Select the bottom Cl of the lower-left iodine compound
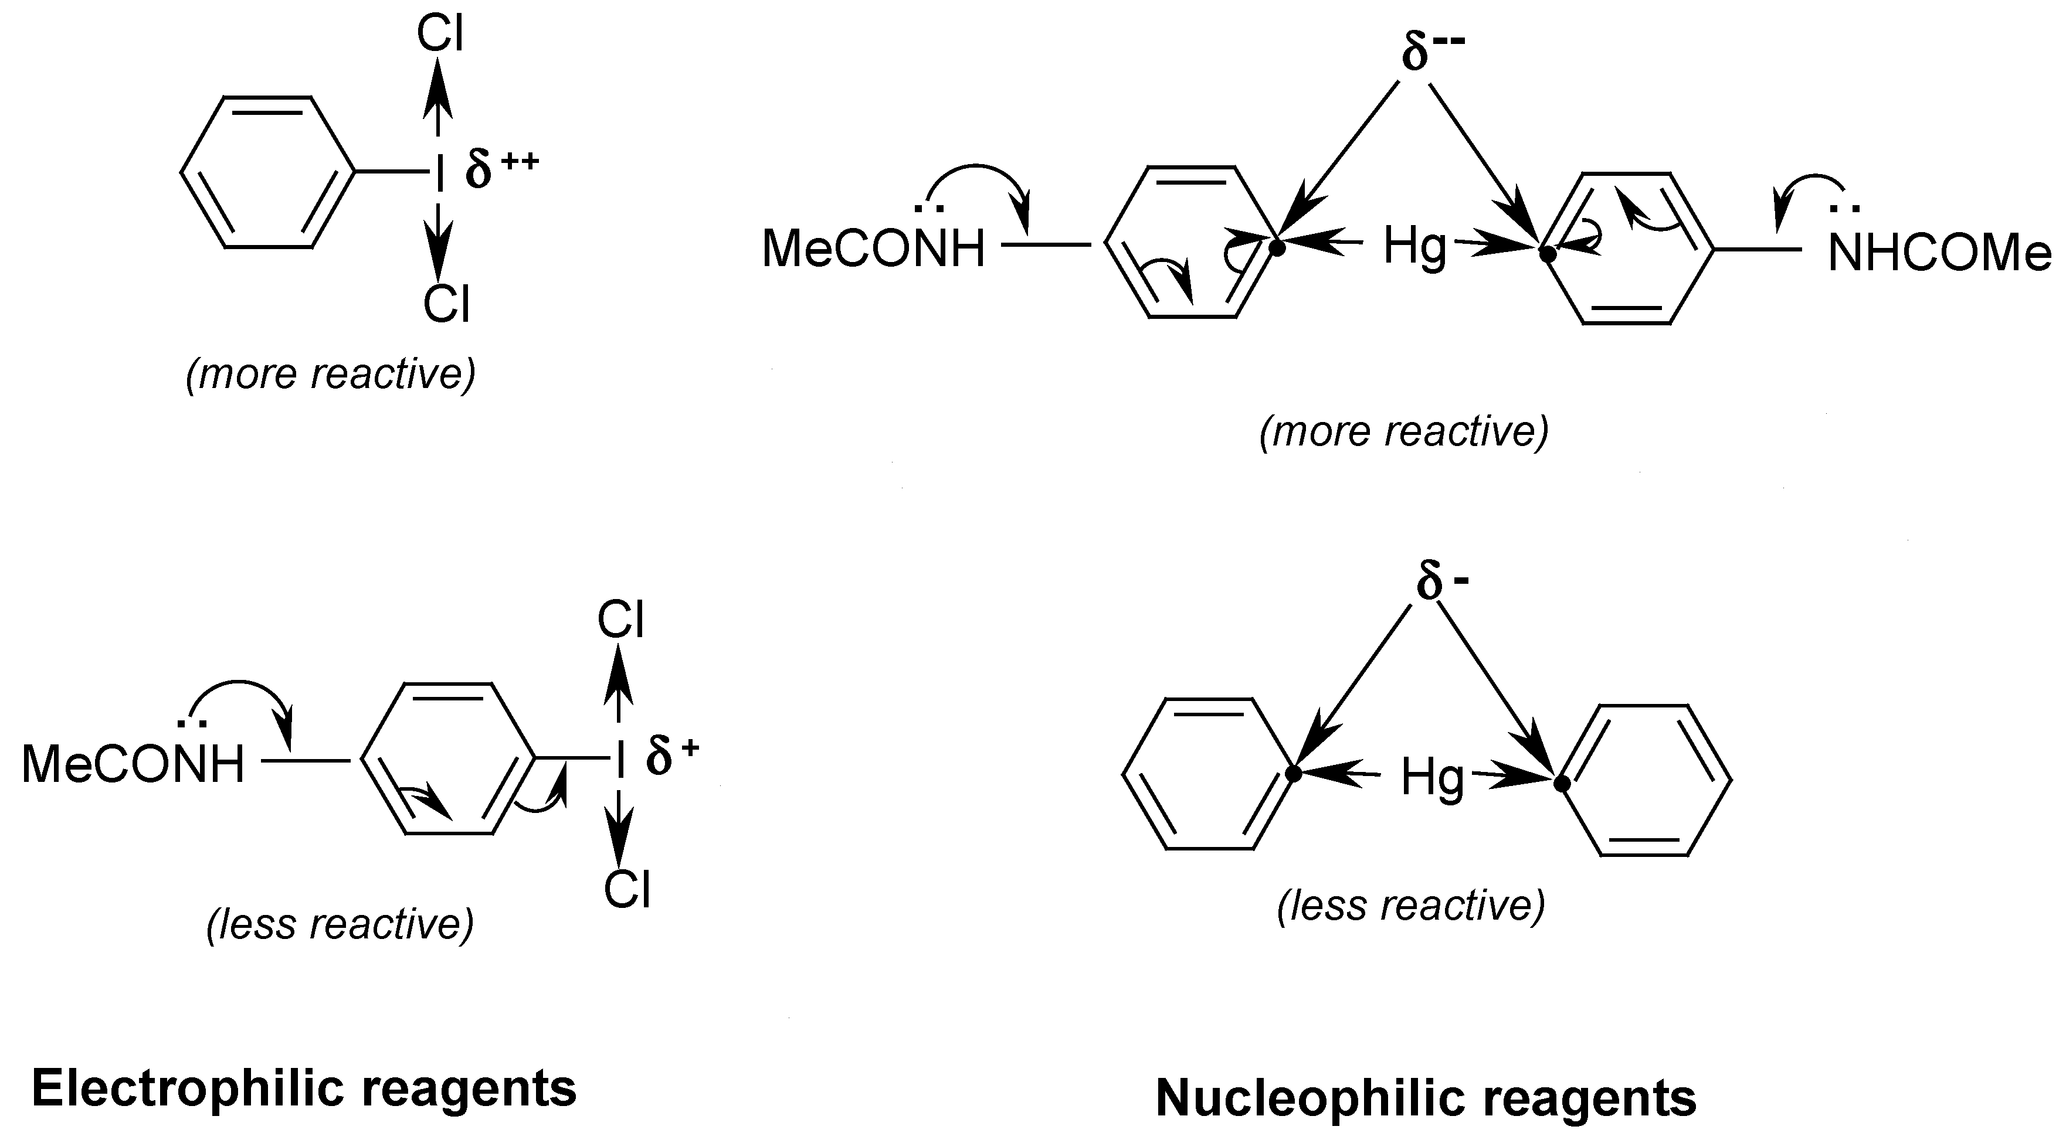[626, 889]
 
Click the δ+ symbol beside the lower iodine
[672, 756]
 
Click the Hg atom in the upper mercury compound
[1414, 247]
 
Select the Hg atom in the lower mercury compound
[1431, 776]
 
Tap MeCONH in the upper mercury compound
[873, 249]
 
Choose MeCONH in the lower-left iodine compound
[133, 764]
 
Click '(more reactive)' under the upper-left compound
[330, 373]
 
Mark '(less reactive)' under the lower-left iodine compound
[340, 924]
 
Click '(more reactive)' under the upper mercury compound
[1403, 431]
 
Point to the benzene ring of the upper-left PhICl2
[267, 172]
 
